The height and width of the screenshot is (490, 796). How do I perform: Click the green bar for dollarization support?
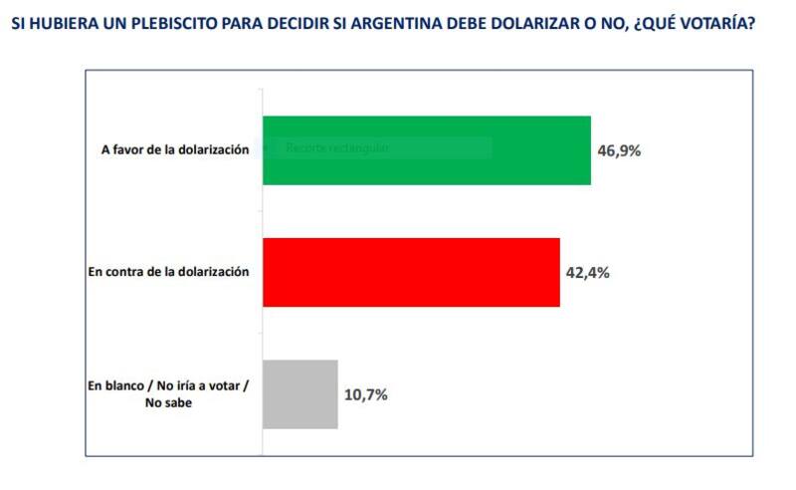[426, 150]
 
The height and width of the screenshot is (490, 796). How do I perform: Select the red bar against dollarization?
[410, 272]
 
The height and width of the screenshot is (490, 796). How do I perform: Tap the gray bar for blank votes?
[299, 393]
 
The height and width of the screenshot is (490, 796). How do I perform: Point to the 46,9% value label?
[619, 151]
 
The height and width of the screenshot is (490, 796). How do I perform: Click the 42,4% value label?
[588, 273]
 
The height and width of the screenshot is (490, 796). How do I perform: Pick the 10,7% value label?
[366, 394]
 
